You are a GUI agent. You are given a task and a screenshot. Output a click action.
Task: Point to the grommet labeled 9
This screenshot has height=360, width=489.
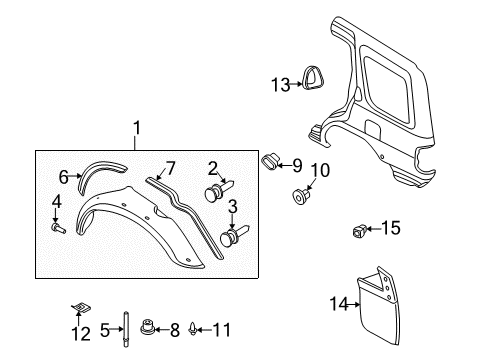[270, 162]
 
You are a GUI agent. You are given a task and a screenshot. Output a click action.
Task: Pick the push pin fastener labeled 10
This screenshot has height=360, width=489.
[299, 195]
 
